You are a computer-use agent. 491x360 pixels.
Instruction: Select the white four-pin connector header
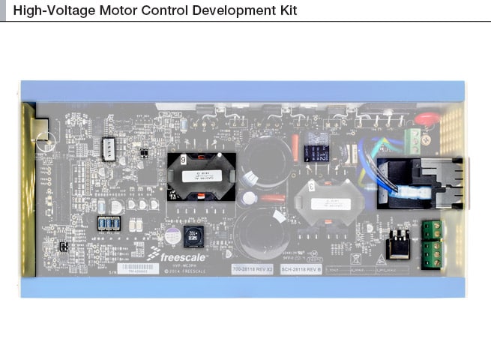(109, 149)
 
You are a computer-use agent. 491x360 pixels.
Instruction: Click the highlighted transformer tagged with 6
(201, 176)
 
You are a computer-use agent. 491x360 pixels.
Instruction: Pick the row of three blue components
(109, 223)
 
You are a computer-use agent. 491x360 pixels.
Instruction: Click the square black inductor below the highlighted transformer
(193, 236)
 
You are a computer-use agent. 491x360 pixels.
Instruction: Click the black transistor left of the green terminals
(397, 244)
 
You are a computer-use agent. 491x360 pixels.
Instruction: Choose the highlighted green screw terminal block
(431, 243)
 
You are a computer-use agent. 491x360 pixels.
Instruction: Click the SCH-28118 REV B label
(301, 268)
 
